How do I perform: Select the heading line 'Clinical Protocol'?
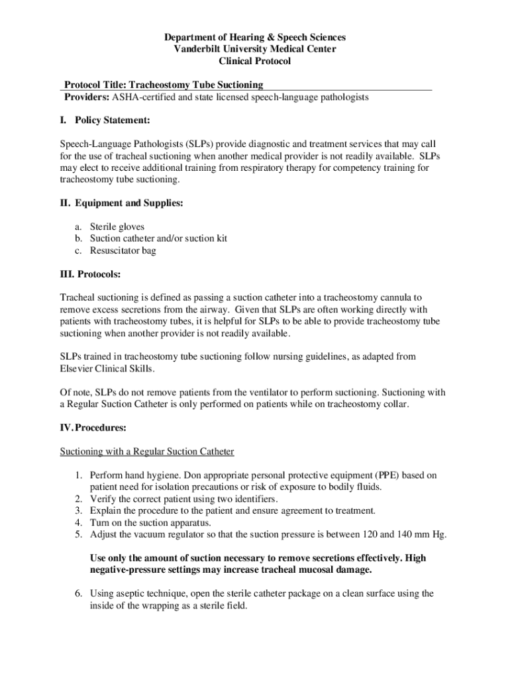254,62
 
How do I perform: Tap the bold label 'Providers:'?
86,97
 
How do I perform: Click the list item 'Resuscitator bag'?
123,250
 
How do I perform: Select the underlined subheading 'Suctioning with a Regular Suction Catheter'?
147,452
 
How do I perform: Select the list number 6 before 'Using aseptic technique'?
77,593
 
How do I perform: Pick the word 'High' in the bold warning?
415,558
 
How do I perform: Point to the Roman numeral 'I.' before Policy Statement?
64,121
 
